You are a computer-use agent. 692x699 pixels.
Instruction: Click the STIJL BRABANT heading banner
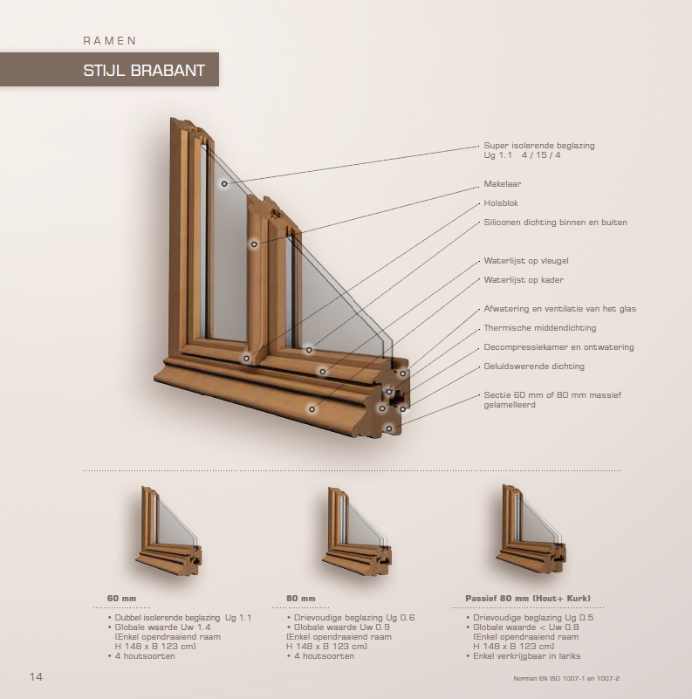tap(109, 70)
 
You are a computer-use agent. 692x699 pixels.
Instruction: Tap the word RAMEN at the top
tap(110, 40)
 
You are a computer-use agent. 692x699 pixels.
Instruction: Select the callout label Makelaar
tap(503, 183)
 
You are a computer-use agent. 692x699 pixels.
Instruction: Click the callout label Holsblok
tap(501, 202)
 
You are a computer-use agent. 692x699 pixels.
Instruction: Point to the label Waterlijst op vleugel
tap(526, 261)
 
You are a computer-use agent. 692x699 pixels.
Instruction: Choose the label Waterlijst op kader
tap(524, 280)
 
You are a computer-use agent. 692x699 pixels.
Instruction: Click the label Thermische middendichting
tap(540, 327)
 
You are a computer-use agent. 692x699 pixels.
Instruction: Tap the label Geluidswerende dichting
tap(534, 367)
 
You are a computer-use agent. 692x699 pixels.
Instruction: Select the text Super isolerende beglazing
tap(539, 146)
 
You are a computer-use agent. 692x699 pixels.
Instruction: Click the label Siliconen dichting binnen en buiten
tap(556, 222)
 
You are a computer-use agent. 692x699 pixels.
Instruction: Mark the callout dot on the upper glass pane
tap(224, 183)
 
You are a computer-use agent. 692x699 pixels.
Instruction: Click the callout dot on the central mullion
tap(254, 244)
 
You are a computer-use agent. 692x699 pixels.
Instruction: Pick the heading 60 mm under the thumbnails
tap(121, 599)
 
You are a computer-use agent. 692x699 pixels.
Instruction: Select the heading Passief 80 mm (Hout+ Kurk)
tap(528, 599)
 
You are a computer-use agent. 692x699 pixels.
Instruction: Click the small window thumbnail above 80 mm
tap(357, 531)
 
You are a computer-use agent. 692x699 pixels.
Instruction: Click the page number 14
tap(36, 676)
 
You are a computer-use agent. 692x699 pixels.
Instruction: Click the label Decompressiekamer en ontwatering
tap(558, 346)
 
